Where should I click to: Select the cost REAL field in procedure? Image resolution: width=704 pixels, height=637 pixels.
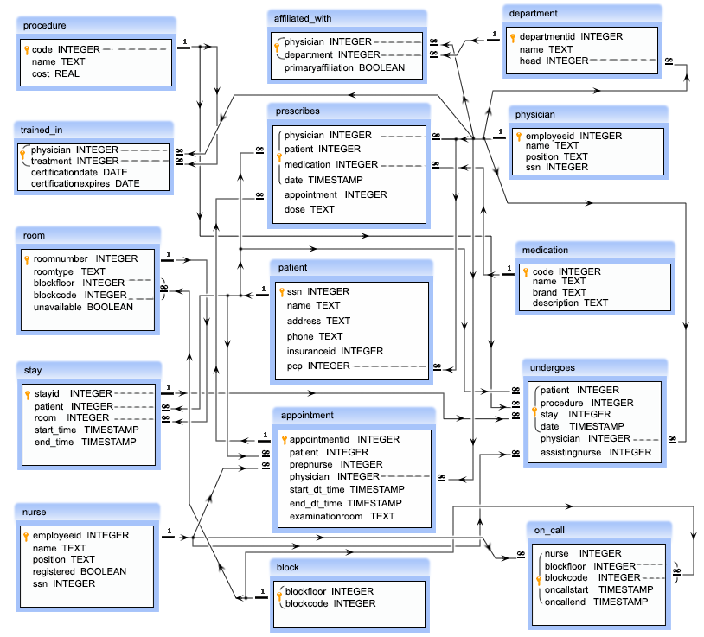point(55,74)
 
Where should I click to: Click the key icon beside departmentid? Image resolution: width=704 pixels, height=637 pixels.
point(512,37)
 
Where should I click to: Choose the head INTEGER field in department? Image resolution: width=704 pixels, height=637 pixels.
point(554,61)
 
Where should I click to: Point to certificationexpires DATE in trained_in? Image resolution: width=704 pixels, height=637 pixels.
point(85,183)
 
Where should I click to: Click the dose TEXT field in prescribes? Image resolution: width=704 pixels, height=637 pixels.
point(309,209)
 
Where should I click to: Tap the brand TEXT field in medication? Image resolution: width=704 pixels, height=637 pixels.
point(559,292)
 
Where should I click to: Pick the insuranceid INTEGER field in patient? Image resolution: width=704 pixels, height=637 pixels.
point(335,351)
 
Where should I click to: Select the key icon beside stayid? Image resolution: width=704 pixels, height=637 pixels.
point(27,394)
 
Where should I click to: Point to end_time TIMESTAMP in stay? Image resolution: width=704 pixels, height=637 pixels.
point(85,442)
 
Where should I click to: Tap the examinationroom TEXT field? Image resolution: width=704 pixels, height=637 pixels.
point(342,516)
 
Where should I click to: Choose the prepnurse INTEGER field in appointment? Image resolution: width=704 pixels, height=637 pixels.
point(336,464)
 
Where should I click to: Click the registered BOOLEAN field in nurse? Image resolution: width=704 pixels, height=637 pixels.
point(79,571)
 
